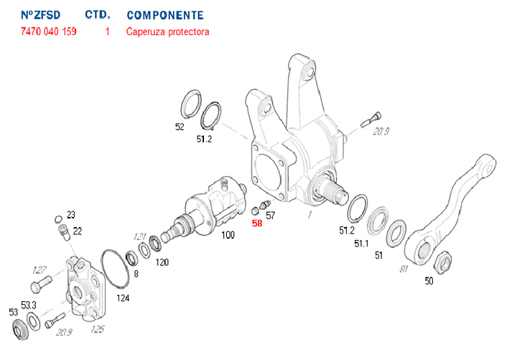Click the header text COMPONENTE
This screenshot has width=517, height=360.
(164, 15)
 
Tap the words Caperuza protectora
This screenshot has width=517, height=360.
(167, 32)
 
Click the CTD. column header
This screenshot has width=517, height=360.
(97, 15)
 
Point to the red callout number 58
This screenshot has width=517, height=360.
(257, 223)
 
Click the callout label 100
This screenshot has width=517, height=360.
(228, 235)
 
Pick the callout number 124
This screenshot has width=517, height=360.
(124, 297)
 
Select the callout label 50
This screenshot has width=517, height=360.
(429, 281)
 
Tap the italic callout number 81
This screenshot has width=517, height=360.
(403, 269)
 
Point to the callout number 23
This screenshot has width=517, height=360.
(70, 214)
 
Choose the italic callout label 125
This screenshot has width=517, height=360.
(98, 331)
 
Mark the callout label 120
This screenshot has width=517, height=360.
(162, 262)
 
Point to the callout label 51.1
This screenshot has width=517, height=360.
(360, 243)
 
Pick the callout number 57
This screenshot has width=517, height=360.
(271, 215)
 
